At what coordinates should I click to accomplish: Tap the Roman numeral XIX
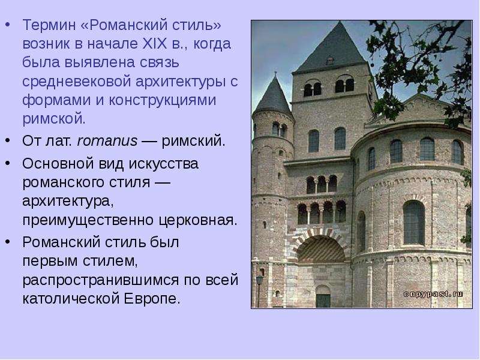pos(155,44)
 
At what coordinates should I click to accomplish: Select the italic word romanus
pos(107,141)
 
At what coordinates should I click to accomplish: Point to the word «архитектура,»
pos(68,202)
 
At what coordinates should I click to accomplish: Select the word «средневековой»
pos(77,82)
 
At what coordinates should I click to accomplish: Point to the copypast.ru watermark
pos(433,294)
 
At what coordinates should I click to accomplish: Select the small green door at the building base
pos(323,301)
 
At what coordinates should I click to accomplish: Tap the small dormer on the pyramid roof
pos(329,61)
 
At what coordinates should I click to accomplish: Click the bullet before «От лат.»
pos(8,140)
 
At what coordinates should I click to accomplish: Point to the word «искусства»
pos(164,164)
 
